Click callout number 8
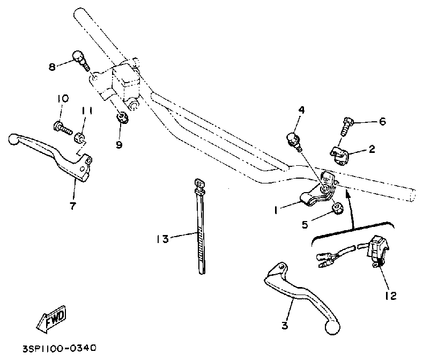[52, 67]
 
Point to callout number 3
[285, 325]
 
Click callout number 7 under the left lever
[72, 205]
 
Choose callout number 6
[382, 122]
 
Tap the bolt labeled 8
[78, 57]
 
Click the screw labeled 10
[61, 127]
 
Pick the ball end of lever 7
[14, 139]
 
